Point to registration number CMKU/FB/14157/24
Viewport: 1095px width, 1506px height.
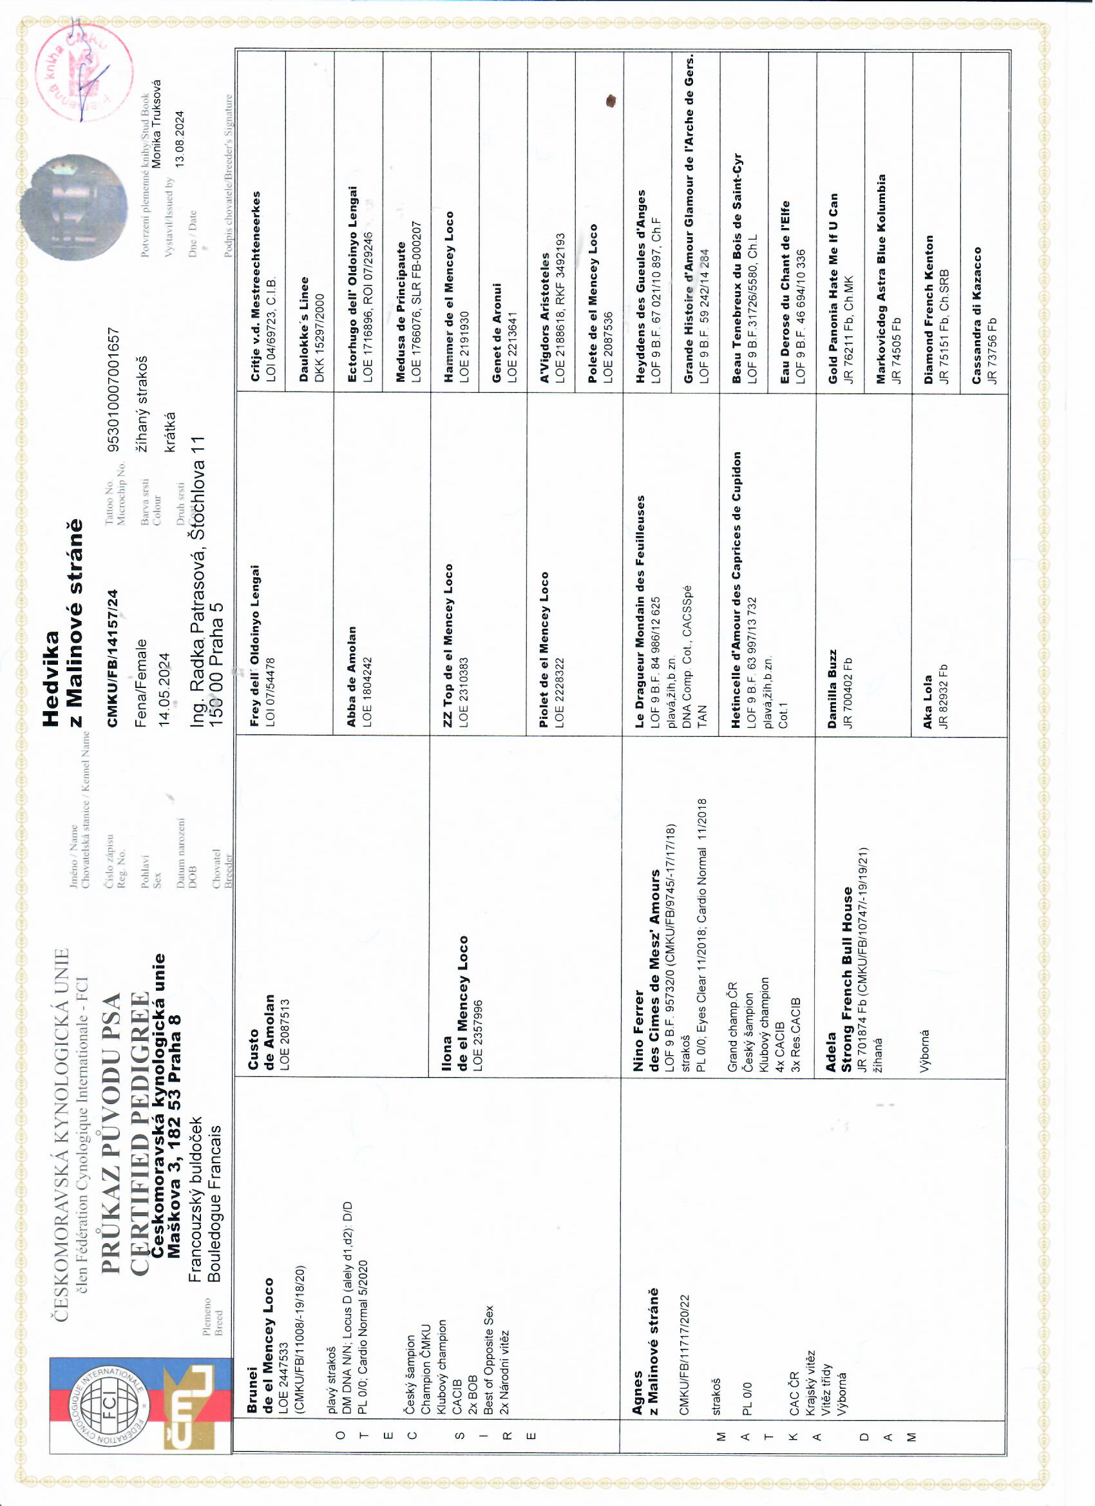point(113,658)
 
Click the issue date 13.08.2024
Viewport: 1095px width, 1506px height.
point(180,142)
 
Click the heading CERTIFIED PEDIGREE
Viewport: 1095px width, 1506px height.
point(139,1132)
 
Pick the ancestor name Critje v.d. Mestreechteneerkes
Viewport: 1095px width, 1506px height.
point(256,287)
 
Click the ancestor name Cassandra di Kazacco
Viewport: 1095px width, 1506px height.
point(976,316)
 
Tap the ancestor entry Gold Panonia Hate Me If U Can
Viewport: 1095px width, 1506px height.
point(833,288)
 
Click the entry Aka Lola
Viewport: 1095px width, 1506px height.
point(928,704)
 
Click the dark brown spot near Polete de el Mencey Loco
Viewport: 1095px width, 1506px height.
point(611,101)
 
